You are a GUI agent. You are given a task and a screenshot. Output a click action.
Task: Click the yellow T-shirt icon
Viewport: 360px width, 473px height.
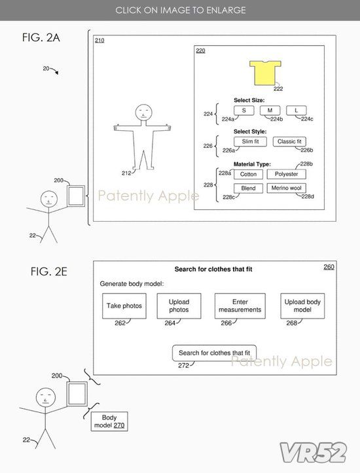pyautogui.click(x=265, y=73)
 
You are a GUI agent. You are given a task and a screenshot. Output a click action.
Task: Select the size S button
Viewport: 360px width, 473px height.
pyautogui.click(x=244, y=111)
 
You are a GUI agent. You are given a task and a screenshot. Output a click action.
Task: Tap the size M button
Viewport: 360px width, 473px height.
pyautogui.click(x=270, y=111)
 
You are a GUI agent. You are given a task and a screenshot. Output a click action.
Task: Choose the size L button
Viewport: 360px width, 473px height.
pyautogui.click(x=297, y=111)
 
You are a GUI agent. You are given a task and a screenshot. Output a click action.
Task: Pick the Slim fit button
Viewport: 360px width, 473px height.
pyautogui.click(x=250, y=141)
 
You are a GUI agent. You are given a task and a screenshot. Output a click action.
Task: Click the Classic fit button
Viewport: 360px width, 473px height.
pyautogui.click(x=289, y=141)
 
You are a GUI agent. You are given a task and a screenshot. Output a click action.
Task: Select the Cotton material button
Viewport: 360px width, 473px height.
pyautogui.click(x=248, y=174)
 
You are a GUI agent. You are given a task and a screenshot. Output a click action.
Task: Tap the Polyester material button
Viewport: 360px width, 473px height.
pyautogui.click(x=287, y=174)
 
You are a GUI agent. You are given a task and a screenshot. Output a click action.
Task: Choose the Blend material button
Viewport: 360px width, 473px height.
pyautogui.click(x=248, y=188)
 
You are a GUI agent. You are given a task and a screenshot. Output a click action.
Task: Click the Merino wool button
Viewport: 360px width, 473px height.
pyautogui.click(x=287, y=188)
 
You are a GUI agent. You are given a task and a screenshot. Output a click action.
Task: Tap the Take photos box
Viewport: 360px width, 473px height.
pyautogui.click(x=124, y=306)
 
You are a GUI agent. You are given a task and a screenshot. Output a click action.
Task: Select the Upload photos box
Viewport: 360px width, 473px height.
pyautogui.click(x=179, y=306)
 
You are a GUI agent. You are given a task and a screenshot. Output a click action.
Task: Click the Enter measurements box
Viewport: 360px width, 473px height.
pyautogui.click(x=240, y=306)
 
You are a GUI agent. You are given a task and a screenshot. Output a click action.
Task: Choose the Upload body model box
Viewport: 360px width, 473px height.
pyautogui.click(x=302, y=306)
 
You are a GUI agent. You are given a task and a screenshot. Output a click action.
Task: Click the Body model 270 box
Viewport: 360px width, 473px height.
pyautogui.click(x=109, y=421)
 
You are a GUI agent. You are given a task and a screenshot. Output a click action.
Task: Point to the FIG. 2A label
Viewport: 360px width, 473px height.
pyautogui.click(x=41, y=38)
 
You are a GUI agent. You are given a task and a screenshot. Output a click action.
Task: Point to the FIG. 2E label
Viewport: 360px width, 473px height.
pyautogui.click(x=49, y=272)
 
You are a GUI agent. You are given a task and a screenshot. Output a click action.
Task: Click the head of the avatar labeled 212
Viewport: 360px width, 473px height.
pyautogui.click(x=143, y=113)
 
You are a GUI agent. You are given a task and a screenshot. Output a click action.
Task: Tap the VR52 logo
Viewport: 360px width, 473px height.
pyautogui.click(x=313, y=453)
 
